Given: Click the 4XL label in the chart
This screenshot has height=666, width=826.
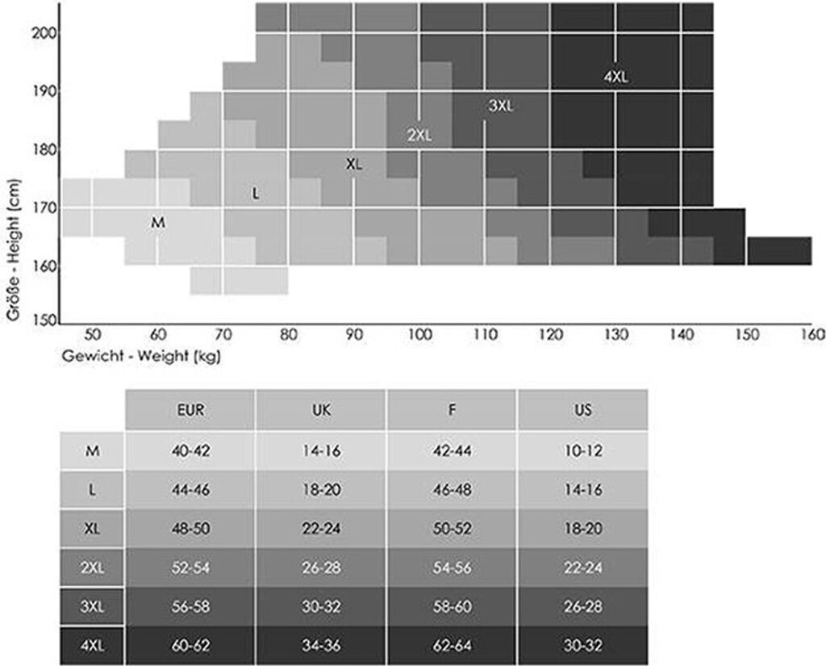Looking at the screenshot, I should [x=615, y=77].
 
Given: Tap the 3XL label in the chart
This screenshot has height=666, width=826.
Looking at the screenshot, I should [x=500, y=106].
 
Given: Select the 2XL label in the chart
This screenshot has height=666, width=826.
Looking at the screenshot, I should [x=419, y=135].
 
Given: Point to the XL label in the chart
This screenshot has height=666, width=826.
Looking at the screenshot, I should [x=354, y=164].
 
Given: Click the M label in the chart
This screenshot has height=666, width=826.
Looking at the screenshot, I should [x=158, y=222].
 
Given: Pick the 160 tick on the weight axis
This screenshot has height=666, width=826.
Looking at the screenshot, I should [x=812, y=335].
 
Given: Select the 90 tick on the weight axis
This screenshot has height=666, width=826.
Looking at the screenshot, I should [x=354, y=335].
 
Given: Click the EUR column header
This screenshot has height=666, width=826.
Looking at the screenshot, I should [x=190, y=409].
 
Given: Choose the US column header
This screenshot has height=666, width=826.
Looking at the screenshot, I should [x=583, y=409].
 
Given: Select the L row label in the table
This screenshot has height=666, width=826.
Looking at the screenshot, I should [x=92, y=490].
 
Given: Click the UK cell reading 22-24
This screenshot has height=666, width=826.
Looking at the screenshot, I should [x=321, y=529].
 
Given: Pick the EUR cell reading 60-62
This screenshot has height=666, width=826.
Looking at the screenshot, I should [x=190, y=646].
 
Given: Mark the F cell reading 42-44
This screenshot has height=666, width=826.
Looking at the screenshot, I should [x=452, y=450].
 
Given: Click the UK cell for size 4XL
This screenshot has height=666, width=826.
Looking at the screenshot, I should [x=321, y=646].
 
